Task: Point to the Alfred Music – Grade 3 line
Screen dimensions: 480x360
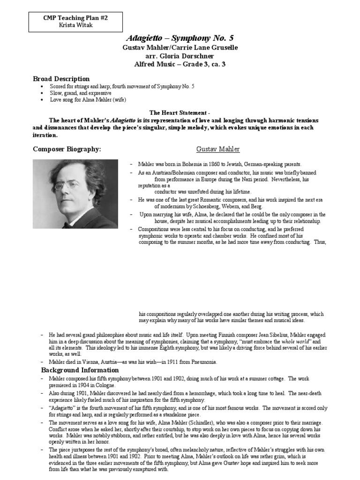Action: [180, 64]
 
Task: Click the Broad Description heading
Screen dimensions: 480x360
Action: [61, 79]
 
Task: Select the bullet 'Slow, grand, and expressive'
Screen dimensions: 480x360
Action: [84, 93]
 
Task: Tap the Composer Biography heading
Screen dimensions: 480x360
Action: [67, 149]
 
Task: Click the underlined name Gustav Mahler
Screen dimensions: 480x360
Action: [217, 149]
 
